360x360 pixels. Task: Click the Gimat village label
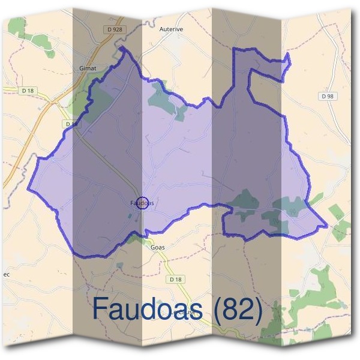[x=88, y=68]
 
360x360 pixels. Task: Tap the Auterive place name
[x=170, y=28]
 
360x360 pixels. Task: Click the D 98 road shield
[x=327, y=96]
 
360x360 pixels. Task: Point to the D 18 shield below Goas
[x=175, y=280]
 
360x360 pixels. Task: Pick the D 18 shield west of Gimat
[x=28, y=91]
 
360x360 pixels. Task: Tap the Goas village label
[x=158, y=247]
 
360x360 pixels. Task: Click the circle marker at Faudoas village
[x=142, y=203]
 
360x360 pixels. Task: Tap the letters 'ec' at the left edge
[x=7, y=274]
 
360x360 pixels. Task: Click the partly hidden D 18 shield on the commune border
[x=71, y=124]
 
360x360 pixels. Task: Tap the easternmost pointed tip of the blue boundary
[x=327, y=226]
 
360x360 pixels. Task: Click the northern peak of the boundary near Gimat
[x=122, y=47]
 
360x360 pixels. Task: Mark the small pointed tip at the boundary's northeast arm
[x=288, y=55]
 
